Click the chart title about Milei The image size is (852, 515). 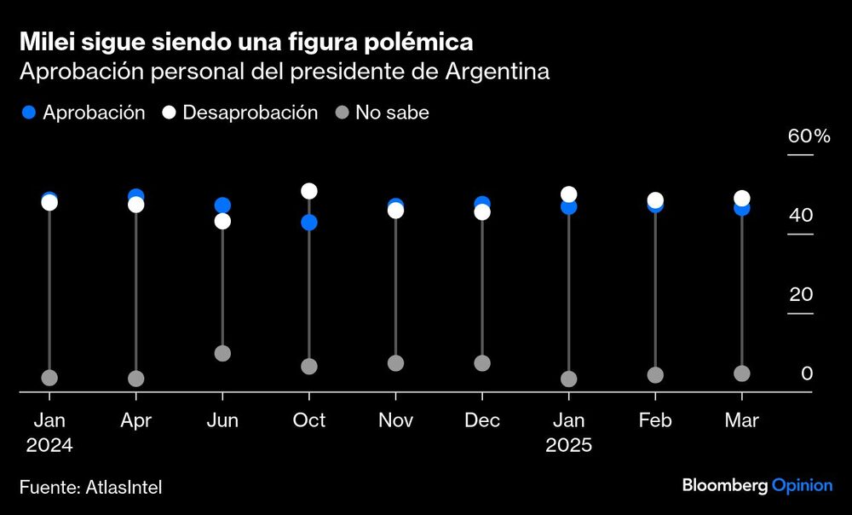246,41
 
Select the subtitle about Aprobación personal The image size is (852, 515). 284,72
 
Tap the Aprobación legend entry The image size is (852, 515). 83,113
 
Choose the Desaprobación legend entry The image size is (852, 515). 239,113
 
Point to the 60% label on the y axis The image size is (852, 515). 809,136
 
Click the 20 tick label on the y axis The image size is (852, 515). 801,295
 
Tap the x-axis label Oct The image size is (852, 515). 309,420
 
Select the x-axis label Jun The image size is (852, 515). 222,420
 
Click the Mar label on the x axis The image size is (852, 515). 741,420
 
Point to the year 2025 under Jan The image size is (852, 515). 568,445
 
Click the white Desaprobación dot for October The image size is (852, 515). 309,191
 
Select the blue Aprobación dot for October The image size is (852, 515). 309,223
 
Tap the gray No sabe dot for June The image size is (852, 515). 222,353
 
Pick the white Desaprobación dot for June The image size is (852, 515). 222,221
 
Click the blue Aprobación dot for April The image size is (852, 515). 135,196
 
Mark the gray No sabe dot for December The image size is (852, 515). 482,363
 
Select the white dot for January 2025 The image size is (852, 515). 569,194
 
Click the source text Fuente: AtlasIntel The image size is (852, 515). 90,487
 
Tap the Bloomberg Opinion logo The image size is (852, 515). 757,485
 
